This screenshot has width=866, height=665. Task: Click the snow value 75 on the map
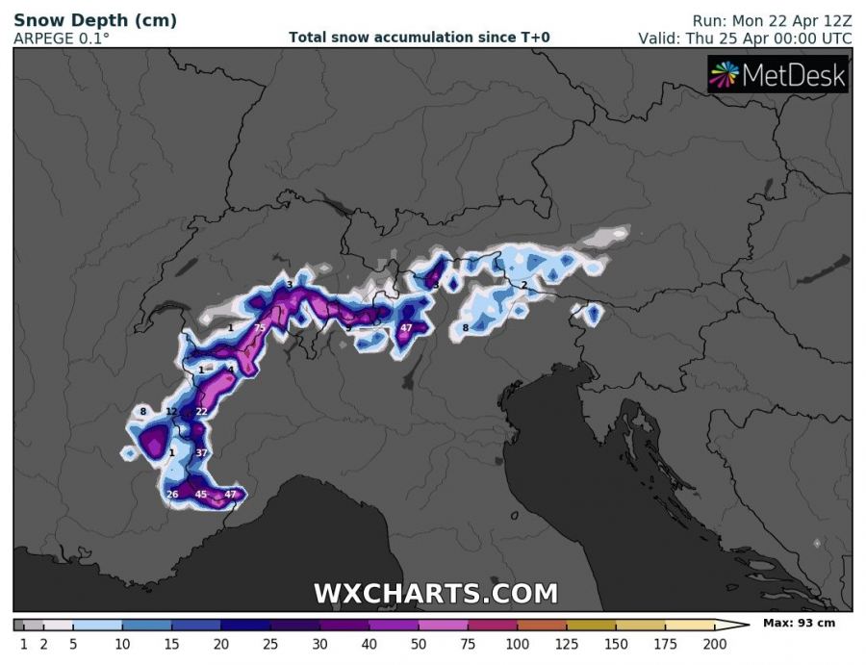pos(259,329)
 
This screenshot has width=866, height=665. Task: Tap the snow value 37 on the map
pos(201,452)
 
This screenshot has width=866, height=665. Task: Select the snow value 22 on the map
pos(201,412)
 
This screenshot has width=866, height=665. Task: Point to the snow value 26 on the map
pos(172,495)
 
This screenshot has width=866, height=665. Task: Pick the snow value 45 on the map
pos(201,495)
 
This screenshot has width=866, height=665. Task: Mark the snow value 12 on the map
pos(171,412)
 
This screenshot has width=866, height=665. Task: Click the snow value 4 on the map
pos(231,370)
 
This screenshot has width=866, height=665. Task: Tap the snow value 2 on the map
pos(523,286)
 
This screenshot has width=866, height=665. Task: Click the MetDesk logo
pos(777,75)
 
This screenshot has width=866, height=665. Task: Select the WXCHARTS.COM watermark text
pos(435,593)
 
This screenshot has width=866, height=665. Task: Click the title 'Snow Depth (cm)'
pos(95,20)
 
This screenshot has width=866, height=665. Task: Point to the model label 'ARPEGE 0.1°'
pos(62,38)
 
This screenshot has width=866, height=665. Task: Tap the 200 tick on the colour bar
pos(713,644)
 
